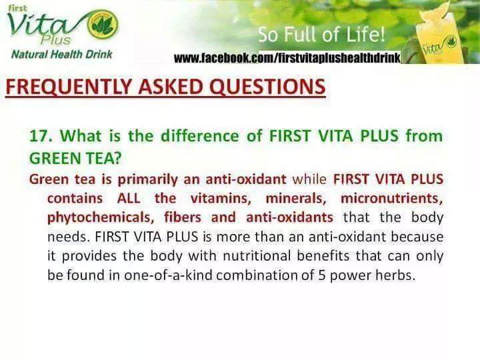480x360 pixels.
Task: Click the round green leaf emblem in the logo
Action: coord(103,24)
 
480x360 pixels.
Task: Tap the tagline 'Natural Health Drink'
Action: coord(62,55)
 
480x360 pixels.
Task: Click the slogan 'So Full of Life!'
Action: coord(321,35)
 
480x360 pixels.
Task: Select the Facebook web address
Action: coord(287,57)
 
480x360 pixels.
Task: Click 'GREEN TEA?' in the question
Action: coord(75,158)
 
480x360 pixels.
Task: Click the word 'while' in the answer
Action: coord(309,179)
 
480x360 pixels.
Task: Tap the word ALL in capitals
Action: coord(129,199)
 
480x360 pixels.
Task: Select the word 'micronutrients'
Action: coord(392,199)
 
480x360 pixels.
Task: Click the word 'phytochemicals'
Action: coord(99,218)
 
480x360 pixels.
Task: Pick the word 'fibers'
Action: coord(183,217)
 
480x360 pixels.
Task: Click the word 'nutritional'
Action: coord(257,256)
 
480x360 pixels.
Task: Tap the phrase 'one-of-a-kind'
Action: coord(168,275)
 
